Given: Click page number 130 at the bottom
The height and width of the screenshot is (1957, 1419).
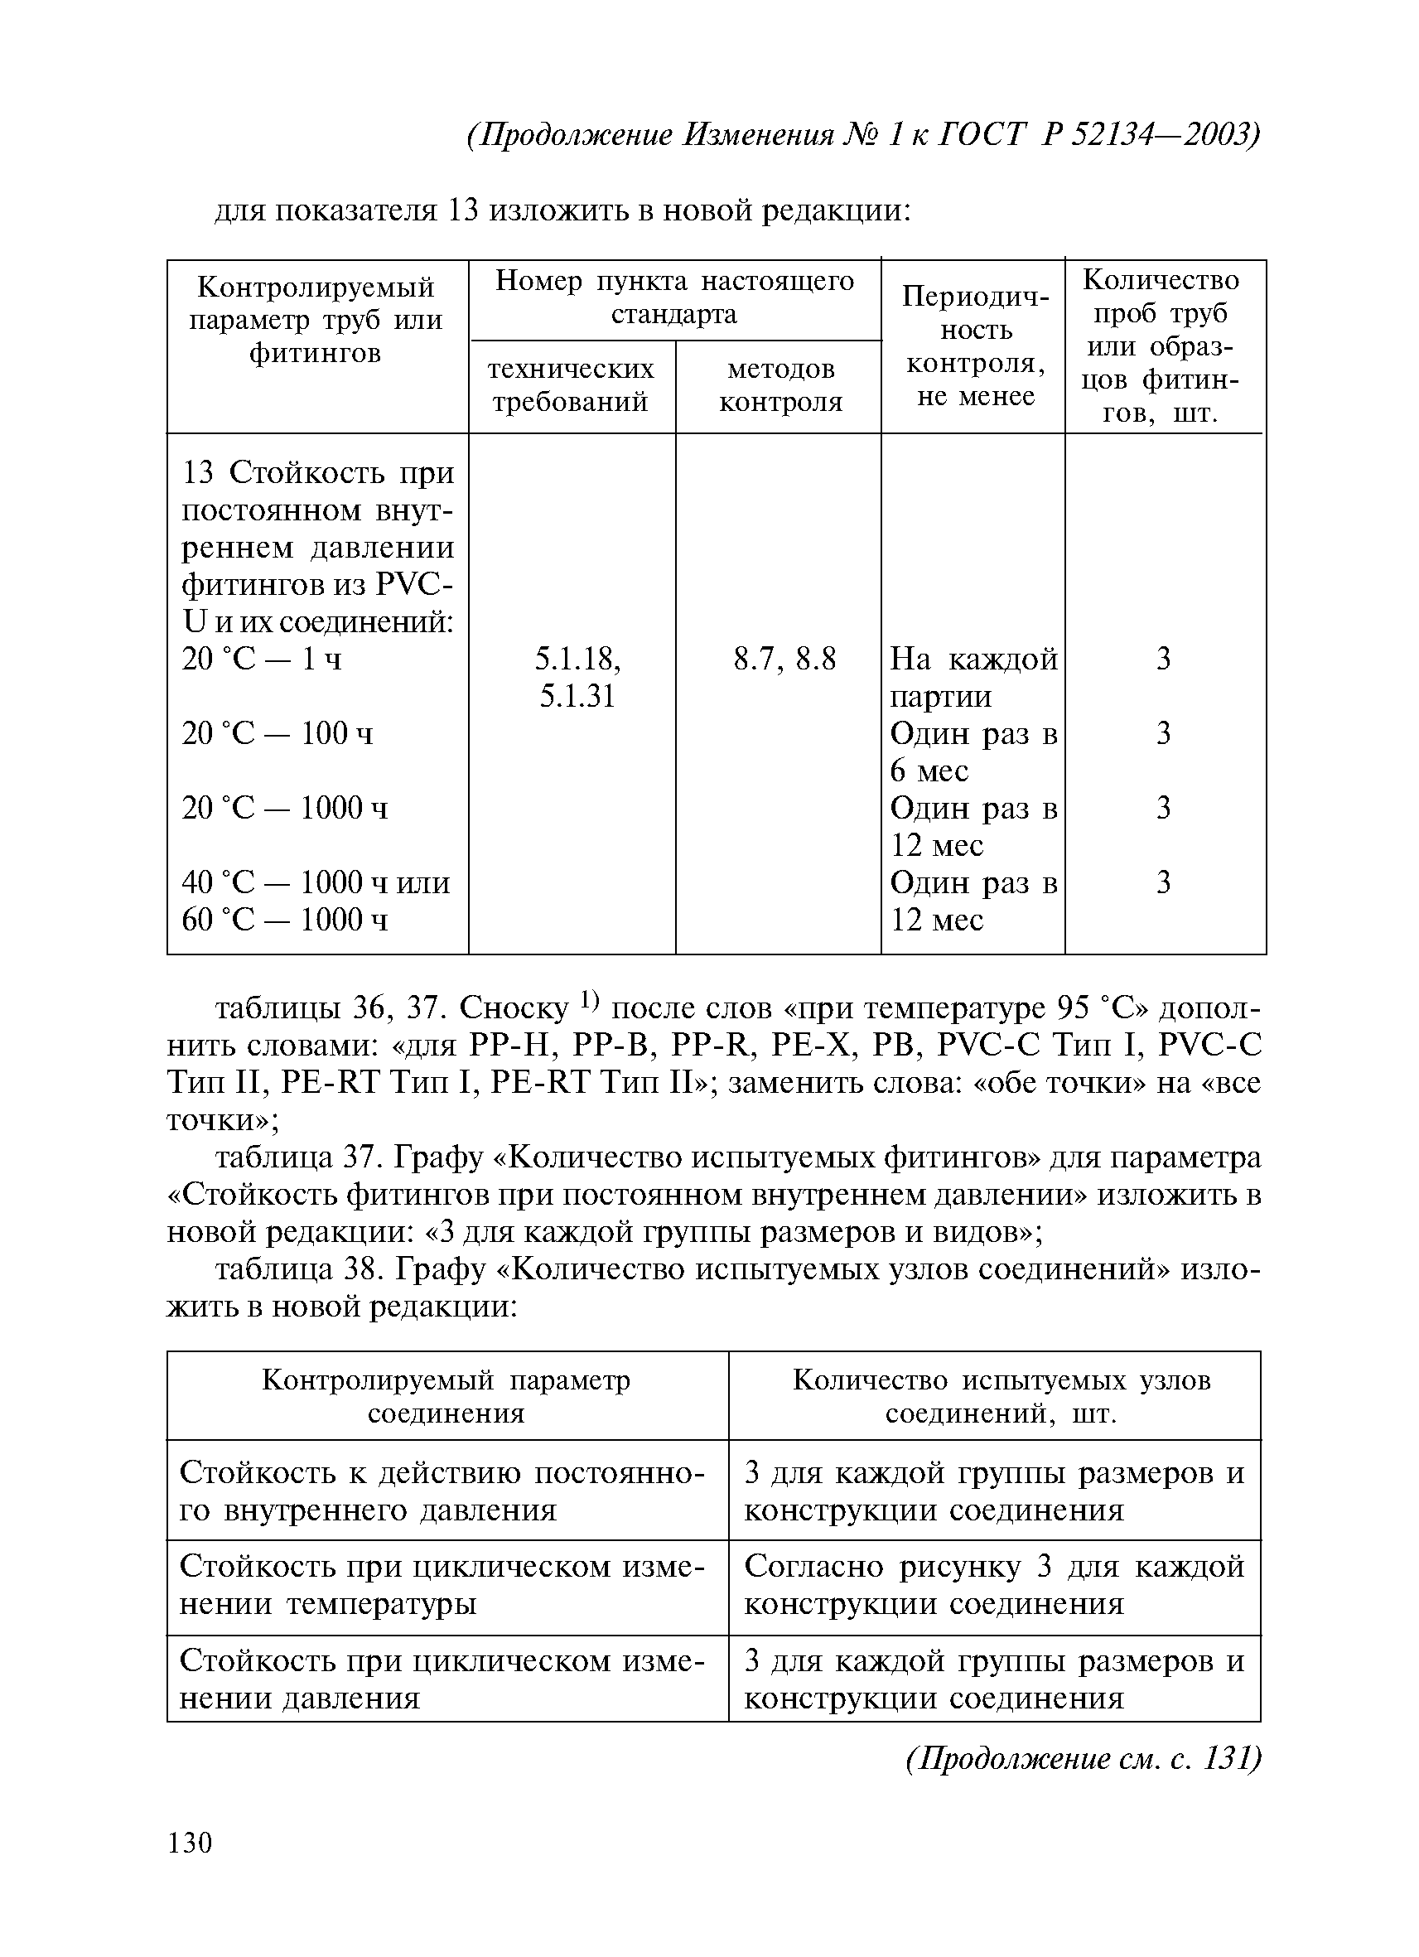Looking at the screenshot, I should click(x=190, y=1843).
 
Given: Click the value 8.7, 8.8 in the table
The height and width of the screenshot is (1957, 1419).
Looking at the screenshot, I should click(x=784, y=660).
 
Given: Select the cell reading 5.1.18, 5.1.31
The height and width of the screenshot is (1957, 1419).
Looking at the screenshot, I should click(x=577, y=678).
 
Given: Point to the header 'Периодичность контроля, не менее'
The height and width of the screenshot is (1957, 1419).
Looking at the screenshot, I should click(x=975, y=346).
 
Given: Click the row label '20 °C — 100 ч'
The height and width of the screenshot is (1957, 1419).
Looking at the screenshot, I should click(x=277, y=734).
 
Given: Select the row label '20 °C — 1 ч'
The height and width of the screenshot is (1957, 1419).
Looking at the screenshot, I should click(x=262, y=660).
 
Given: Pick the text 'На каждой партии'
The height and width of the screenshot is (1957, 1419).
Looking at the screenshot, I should click(x=973, y=678).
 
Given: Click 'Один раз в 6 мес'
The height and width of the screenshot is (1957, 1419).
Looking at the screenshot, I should click(x=973, y=751).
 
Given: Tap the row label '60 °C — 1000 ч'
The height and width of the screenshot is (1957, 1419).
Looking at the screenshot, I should click(x=285, y=920).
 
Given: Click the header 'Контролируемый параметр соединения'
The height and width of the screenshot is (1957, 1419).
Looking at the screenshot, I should click(x=446, y=1396).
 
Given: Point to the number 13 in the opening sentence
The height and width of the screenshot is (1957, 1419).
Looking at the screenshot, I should click(x=463, y=211).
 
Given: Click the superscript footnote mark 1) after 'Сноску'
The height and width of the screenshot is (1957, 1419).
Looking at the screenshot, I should click(x=589, y=1000).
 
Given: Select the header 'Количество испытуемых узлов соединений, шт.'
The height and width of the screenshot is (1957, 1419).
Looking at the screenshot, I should click(x=1001, y=1396).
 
